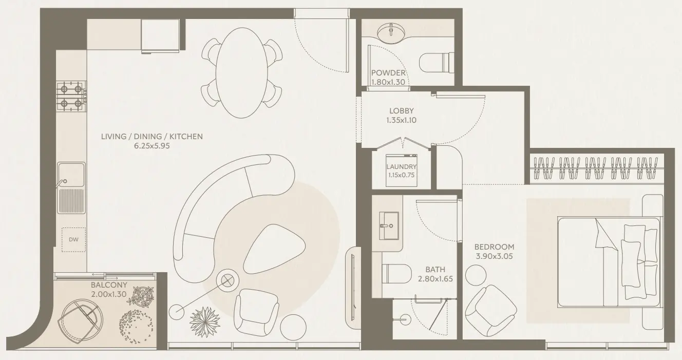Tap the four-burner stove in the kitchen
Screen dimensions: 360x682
[x=71, y=96]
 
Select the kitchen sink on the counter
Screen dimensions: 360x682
[x=71, y=175]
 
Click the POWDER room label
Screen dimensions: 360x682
[x=388, y=73]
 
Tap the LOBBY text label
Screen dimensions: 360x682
[x=401, y=110]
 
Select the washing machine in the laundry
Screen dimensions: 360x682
[x=402, y=170]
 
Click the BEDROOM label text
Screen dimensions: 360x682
[x=494, y=247]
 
